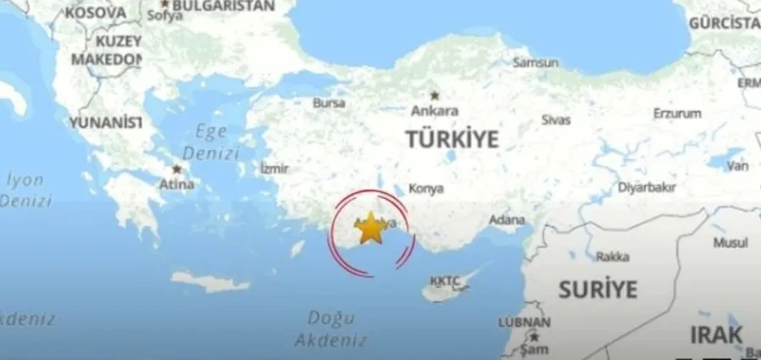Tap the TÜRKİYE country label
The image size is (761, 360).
tap(451, 140)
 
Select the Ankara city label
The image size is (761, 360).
tap(434, 110)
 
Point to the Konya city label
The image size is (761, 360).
tap(425, 188)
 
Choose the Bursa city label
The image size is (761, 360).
tap(329, 103)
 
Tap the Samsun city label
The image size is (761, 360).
tap(536, 63)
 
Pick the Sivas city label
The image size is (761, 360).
tap(555, 119)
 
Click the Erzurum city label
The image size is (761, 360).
tap(677, 114)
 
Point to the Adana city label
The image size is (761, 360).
tap(508, 220)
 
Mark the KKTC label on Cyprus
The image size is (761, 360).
tap(444, 280)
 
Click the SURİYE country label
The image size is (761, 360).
tap(597, 289)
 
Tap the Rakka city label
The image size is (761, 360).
tap(612, 257)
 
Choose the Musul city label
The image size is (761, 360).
tap(730, 242)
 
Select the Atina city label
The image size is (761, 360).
tap(177, 183)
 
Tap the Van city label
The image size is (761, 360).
tap(738, 165)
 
